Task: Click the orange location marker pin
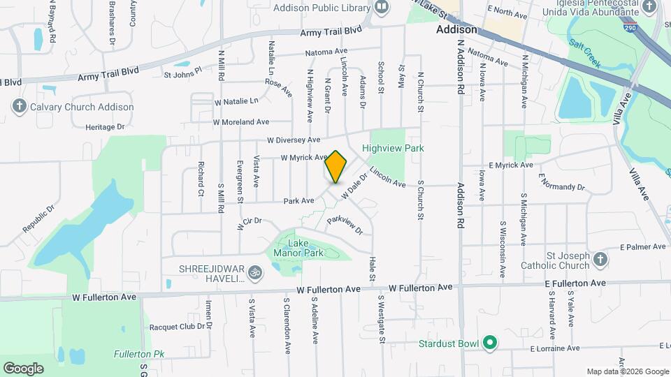(x=336, y=167)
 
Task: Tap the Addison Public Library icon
(x=382, y=8)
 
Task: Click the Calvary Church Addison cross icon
(x=18, y=107)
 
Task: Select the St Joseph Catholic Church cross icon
(x=600, y=260)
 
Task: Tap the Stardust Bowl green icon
(x=490, y=343)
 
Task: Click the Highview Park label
(x=393, y=148)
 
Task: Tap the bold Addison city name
(x=456, y=30)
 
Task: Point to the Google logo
(x=23, y=368)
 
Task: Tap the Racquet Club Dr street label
(x=180, y=326)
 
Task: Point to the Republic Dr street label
(x=38, y=219)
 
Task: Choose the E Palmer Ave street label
(x=640, y=246)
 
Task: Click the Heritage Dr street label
(x=105, y=127)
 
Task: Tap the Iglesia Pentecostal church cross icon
(x=649, y=8)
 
